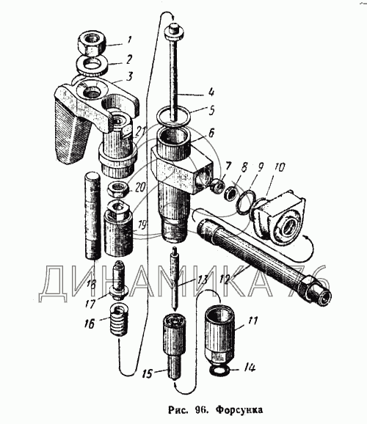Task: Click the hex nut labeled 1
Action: point(92,43)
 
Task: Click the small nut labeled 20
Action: point(119,189)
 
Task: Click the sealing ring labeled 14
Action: point(220,370)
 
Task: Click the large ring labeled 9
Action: point(245,202)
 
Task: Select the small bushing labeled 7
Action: point(217,186)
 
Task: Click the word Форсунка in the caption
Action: point(239,410)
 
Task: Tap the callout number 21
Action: point(140,132)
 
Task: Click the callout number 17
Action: point(90,303)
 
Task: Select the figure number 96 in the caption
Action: point(200,410)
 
